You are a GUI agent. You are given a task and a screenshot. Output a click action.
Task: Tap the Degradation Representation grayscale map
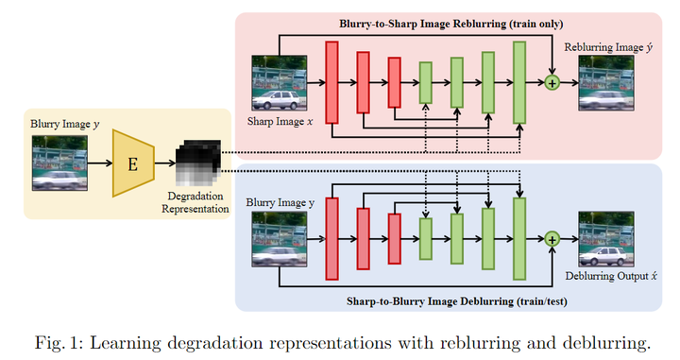198,161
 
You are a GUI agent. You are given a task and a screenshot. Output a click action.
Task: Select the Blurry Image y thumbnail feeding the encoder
60,163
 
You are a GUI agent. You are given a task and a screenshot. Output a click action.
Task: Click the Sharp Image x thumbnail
279,86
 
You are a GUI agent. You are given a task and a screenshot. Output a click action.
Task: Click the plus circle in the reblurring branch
552,83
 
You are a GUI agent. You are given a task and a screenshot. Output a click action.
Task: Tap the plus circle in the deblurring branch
552,240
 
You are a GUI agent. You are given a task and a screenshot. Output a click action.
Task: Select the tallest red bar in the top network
331,83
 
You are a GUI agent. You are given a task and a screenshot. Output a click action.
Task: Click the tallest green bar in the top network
519,83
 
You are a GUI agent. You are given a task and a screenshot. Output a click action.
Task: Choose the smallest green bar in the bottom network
425,240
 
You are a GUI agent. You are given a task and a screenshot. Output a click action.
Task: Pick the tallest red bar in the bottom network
331,240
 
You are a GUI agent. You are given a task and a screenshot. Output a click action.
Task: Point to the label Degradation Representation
196,201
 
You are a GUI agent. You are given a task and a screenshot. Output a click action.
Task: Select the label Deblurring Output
606,277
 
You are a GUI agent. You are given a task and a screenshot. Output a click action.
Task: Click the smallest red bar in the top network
394,83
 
